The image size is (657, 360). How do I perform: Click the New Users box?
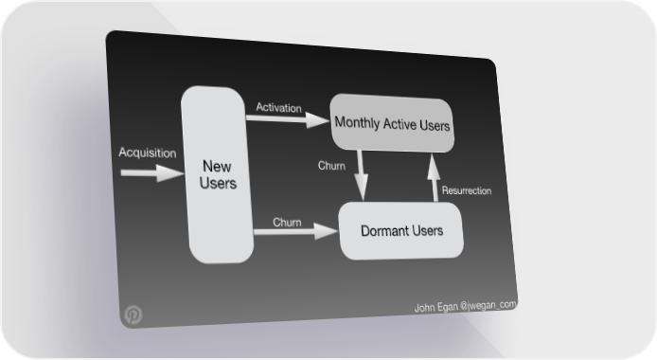point(217,174)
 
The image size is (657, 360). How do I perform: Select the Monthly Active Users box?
point(392,123)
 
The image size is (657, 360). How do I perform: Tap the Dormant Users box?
point(401,230)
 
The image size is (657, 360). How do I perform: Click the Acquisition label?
point(148,153)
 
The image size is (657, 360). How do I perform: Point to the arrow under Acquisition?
point(152,173)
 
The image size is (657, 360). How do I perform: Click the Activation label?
point(278,108)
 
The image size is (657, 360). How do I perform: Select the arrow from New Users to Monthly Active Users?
point(288,119)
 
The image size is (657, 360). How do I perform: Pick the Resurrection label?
point(467,190)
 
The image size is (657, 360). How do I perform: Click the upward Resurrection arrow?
point(435,177)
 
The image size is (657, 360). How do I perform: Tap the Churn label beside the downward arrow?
point(331,166)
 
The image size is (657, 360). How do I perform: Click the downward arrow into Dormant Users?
point(362,175)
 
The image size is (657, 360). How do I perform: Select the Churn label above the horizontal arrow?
point(287,222)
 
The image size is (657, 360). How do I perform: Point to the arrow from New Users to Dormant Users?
point(295,231)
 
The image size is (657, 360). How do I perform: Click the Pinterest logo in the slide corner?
point(133,315)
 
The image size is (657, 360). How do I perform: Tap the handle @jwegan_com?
point(488,305)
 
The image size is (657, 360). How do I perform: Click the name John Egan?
point(435,307)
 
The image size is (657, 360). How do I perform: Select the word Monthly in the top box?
point(357,122)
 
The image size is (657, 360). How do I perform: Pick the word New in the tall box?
point(217,167)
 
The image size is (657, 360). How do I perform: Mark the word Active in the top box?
point(400,124)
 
